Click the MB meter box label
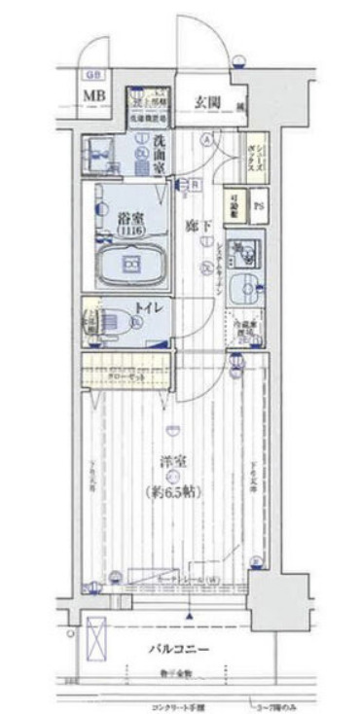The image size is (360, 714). tap(93, 94)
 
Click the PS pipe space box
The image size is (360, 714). tap(258, 206)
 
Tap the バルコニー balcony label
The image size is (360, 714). tap(181, 646)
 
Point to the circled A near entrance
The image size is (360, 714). tap(206, 138)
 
